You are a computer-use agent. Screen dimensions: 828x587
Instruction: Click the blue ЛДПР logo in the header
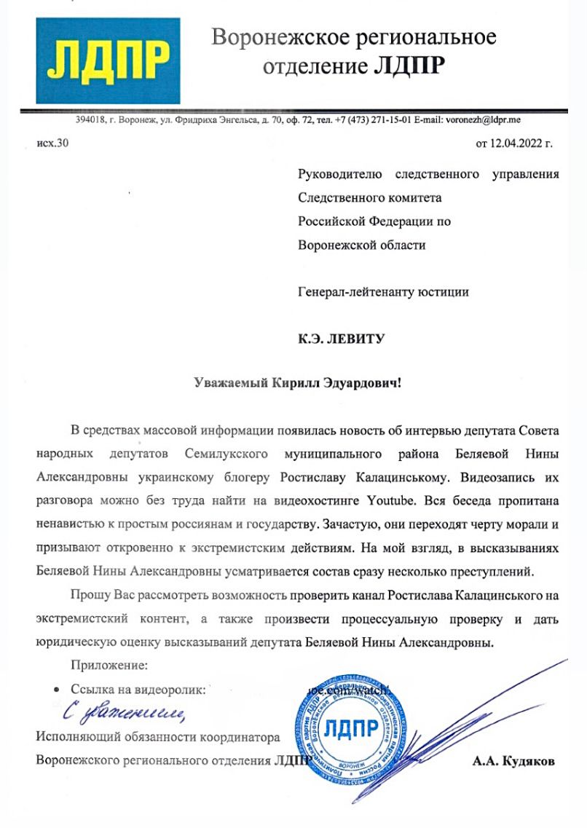click(108, 61)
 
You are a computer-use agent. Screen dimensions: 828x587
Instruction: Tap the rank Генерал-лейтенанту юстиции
click(384, 292)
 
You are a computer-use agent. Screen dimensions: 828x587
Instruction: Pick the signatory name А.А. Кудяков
click(513, 762)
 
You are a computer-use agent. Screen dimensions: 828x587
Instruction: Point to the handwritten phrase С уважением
click(120, 711)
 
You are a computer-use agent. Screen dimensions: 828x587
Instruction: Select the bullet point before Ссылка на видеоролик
click(58, 689)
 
